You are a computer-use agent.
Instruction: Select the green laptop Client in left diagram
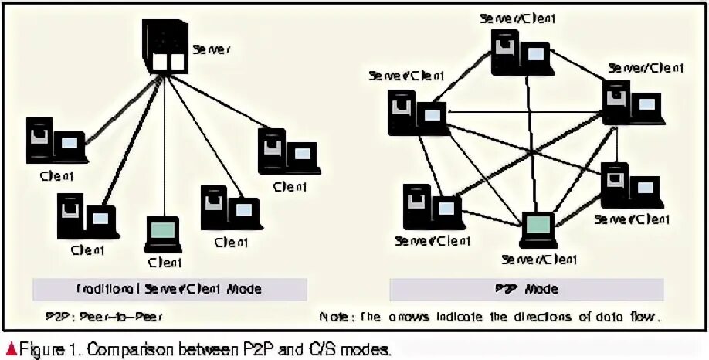pos(162,234)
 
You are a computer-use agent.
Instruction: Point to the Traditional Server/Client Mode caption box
pos(170,290)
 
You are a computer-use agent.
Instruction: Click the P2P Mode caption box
pos(526,290)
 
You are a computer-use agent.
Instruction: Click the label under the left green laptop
pos(163,263)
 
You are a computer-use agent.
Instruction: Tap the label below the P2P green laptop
pos(538,258)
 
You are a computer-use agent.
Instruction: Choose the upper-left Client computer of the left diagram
pos(55,140)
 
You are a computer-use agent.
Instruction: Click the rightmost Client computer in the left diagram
pos(288,152)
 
